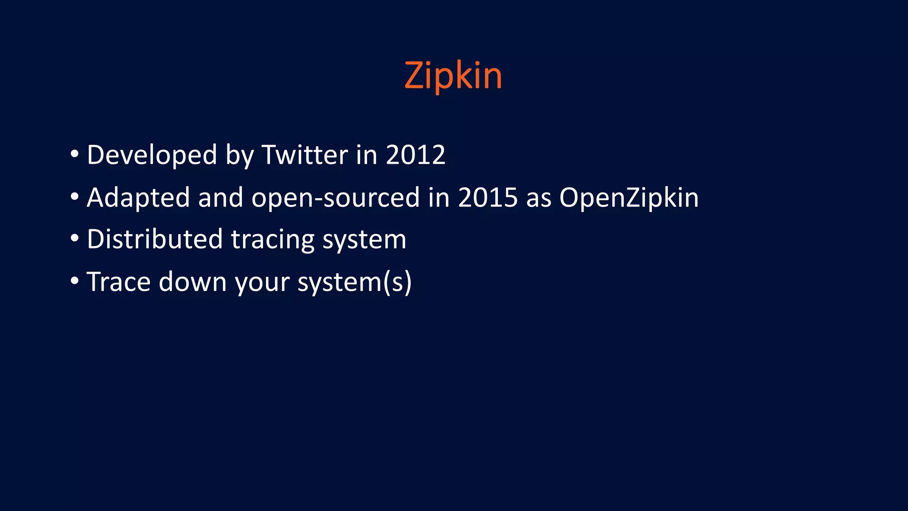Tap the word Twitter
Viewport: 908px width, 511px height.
click(x=305, y=155)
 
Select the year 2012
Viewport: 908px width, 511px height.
click(x=415, y=155)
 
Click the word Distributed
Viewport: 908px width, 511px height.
click(x=155, y=239)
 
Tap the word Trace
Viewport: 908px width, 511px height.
click(x=118, y=282)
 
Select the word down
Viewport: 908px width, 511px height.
click(x=193, y=282)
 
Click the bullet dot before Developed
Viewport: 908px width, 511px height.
click(x=74, y=154)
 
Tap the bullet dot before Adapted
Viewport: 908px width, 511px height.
click(x=74, y=197)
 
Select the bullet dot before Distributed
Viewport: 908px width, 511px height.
click(x=74, y=239)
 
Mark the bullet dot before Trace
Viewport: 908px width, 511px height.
click(x=74, y=281)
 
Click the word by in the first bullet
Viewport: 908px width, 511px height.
click(x=239, y=156)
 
